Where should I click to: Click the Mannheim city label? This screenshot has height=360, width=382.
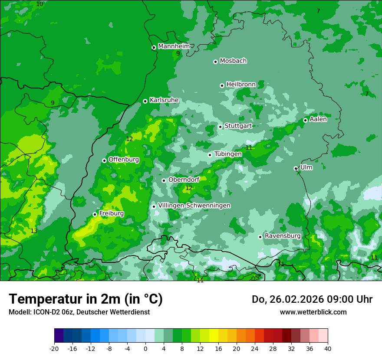tap(174, 46)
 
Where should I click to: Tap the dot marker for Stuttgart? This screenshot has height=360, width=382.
tap(221, 127)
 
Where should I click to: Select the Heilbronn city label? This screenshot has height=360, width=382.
tap(241, 84)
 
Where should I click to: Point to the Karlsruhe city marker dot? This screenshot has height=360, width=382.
tap(145, 101)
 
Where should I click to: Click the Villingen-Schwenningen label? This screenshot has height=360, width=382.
tap(194, 206)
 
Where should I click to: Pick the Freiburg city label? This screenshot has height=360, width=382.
tap(112, 213)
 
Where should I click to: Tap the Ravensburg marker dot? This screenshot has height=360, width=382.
tap(260, 237)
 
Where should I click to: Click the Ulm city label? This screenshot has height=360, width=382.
tap(306, 167)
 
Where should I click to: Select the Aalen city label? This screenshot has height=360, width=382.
tap(318, 119)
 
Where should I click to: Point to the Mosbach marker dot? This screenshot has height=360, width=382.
tap(215, 62)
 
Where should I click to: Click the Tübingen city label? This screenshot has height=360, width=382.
tap(228, 154)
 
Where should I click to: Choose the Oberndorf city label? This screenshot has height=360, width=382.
tap(184, 180)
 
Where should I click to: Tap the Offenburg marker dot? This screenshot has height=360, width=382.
tap(104, 160)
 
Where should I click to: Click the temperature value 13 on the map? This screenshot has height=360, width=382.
tap(34, 231)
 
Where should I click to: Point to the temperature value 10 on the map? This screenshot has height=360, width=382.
tap(40, 4)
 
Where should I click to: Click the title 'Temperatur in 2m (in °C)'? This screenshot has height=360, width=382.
tap(86, 299)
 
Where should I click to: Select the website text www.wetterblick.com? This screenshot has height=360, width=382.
tap(313, 312)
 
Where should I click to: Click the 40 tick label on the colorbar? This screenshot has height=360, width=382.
tap(327, 349)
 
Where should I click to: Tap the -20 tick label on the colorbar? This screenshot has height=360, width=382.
tap(54, 349)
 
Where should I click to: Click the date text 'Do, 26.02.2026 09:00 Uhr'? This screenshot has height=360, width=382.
tap(312, 299)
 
